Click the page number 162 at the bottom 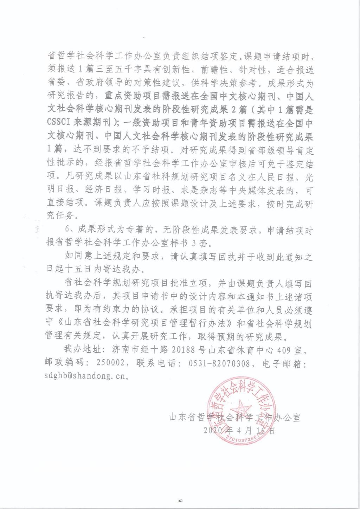(x=180, y=501)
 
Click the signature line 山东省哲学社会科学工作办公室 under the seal (x=235, y=418)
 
